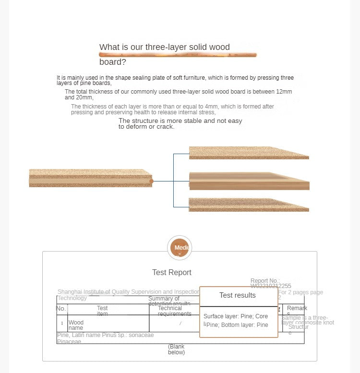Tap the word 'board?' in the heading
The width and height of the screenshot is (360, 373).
click(x=113, y=62)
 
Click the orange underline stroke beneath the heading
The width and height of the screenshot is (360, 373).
click(x=178, y=55)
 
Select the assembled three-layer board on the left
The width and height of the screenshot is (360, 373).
click(x=90, y=178)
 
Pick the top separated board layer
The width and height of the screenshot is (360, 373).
click(x=249, y=153)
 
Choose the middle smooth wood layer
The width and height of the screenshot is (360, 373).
click(x=249, y=181)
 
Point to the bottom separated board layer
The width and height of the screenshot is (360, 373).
click(x=249, y=205)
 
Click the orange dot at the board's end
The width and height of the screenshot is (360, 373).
click(x=152, y=181)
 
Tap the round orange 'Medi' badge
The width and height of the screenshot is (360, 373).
click(x=180, y=248)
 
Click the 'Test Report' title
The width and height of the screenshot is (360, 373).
click(x=172, y=272)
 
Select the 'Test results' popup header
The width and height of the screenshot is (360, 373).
click(x=238, y=295)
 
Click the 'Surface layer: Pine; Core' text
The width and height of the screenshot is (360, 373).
click(x=236, y=316)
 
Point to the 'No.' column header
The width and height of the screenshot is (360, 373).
click(x=61, y=308)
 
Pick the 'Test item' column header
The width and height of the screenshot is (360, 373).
click(x=102, y=311)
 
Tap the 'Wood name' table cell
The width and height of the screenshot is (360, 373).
click(x=76, y=325)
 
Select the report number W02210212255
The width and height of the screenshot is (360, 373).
click(x=271, y=286)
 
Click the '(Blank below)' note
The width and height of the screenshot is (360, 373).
click(x=176, y=349)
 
